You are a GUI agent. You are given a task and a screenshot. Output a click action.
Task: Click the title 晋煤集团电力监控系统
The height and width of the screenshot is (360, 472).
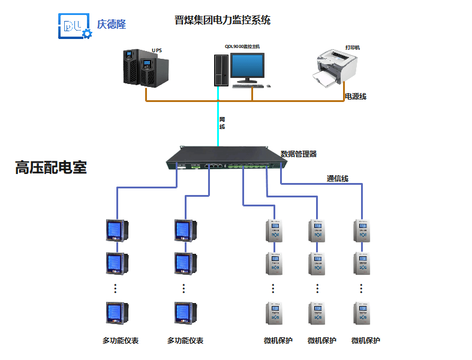click(222, 20)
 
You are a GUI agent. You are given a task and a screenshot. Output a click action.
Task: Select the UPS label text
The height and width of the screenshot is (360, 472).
click(157, 50)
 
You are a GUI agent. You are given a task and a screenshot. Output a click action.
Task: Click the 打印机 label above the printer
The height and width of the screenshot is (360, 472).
click(352, 47)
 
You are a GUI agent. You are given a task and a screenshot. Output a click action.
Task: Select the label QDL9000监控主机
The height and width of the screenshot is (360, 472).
click(242, 46)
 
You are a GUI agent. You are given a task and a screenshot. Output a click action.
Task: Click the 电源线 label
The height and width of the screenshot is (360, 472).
click(355, 96)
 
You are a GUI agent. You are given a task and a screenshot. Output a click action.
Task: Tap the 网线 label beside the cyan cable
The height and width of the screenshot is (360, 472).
click(222, 123)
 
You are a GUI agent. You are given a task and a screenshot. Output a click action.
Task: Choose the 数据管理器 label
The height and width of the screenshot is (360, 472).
click(299, 154)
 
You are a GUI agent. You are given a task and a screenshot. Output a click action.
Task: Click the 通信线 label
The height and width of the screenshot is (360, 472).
click(337, 178)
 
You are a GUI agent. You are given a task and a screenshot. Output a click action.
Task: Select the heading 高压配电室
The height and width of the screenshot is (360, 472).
click(51, 168)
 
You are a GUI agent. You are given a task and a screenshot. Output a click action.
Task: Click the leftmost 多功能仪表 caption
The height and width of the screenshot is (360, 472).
click(120, 341)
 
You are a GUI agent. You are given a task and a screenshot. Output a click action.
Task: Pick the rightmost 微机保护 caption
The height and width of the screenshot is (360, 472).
click(365, 341)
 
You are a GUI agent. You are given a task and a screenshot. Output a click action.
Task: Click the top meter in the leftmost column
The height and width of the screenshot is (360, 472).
click(115, 230)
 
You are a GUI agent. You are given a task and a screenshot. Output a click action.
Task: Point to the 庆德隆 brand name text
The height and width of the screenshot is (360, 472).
click(112, 25)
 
